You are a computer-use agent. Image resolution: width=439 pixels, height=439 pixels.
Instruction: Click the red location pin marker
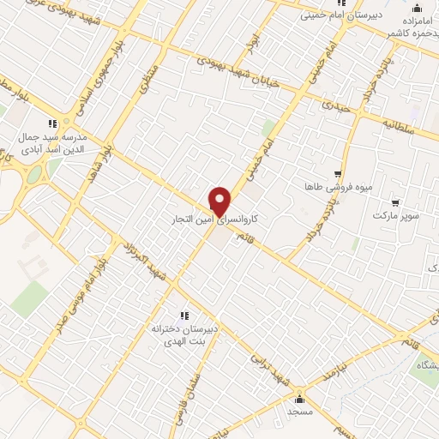click(220, 201)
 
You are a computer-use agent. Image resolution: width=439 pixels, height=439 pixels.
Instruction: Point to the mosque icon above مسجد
click(299, 399)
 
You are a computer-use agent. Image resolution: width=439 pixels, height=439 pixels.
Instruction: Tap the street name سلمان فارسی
click(194, 390)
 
